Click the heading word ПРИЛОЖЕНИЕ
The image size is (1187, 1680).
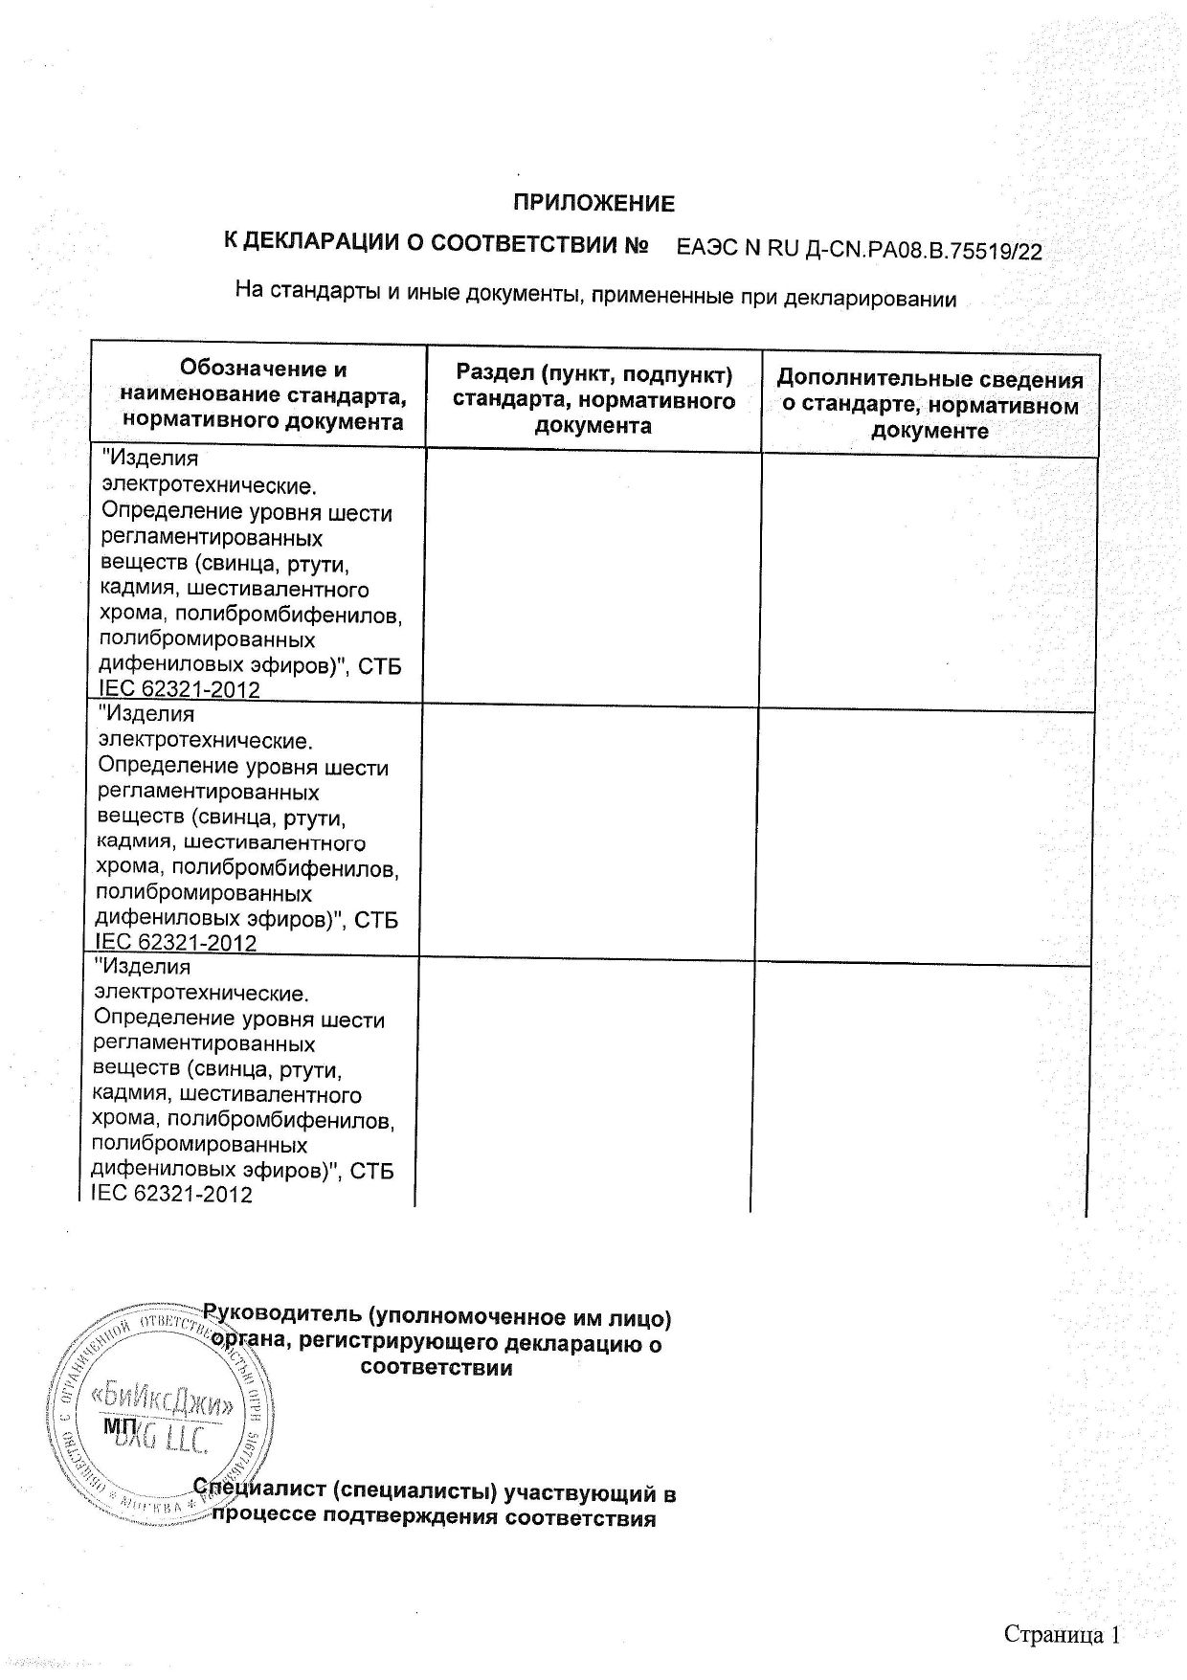(x=593, y=203)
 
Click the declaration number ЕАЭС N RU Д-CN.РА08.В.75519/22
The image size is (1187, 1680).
(x=859, y=251)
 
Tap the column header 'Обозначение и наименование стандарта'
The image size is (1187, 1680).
(x=263, y=395)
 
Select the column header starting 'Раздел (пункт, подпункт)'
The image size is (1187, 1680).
(x=593, y=399)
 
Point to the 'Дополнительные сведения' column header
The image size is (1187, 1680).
(x=929, y=405)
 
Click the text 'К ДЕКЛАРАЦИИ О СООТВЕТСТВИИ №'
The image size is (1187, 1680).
(x=437, y=243)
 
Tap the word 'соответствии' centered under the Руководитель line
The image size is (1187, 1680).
(x=436, y=1368)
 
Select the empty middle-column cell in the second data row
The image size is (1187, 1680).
(x=589, y=832)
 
